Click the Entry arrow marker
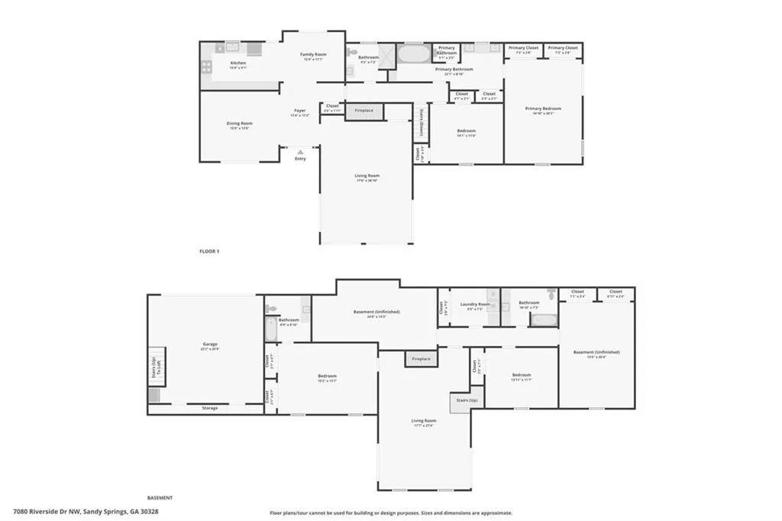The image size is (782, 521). (x=300, y=152)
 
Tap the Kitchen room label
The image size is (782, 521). (x=238, y=63)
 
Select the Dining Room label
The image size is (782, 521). (x=239, y=123)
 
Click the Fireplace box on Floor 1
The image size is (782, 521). (x=364, y=111)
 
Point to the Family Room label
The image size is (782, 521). (x=312, y=55)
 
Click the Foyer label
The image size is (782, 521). (x=300, y=111)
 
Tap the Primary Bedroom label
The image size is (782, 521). (x=543, y=108)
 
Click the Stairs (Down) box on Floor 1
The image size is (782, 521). (x=419, y=122)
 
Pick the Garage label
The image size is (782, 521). (x=210, y=346)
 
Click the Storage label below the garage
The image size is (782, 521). (x=210, y=408)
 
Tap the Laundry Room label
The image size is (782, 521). (x=475, y=304)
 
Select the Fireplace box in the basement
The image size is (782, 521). (x=421, y=359)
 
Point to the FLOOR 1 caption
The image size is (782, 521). (x=209, y=251)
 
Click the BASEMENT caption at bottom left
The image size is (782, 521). (x=160, y=497)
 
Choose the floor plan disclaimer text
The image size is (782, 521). (x=391, y=513)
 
